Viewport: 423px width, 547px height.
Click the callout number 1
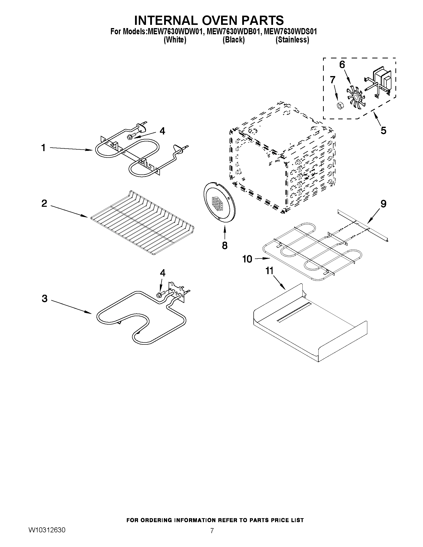click(x=43, y=148)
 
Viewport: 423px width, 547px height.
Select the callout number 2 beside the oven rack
click(x=44, y=203)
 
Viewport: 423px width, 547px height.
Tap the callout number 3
click(x=44, y=298)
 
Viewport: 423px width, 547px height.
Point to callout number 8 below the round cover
click(x=225, y=245)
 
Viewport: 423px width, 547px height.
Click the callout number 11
click(x=269, y=271)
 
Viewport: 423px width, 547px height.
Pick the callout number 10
click(x=247, y=259)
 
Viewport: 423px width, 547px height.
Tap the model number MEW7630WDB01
click(x=232, y=32)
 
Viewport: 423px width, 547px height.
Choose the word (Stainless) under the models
click(x=292, y=40)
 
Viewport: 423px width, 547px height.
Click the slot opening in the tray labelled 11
click(x=294, y=312)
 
